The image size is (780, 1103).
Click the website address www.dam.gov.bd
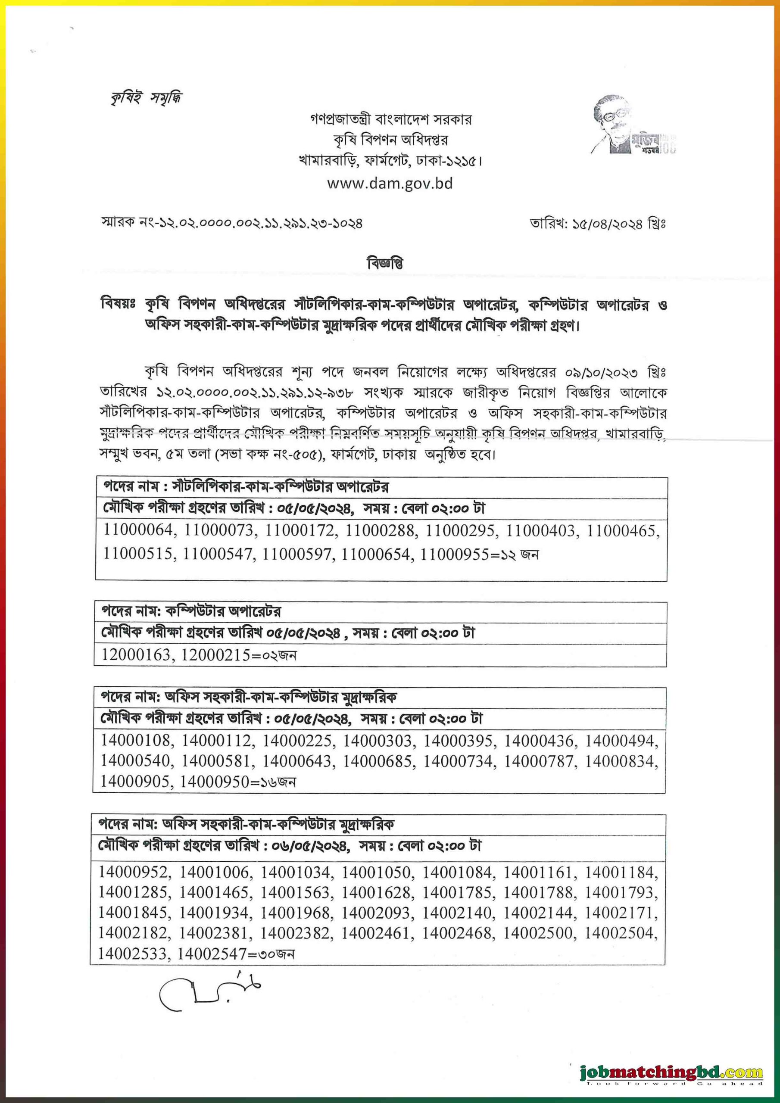(x=390, y=184)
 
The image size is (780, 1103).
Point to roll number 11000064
(x=137, y=530)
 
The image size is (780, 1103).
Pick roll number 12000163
(x=135, y=655)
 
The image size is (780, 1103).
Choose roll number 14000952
(x=133, y=872)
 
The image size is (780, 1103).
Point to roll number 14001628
(x=376, y=893)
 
